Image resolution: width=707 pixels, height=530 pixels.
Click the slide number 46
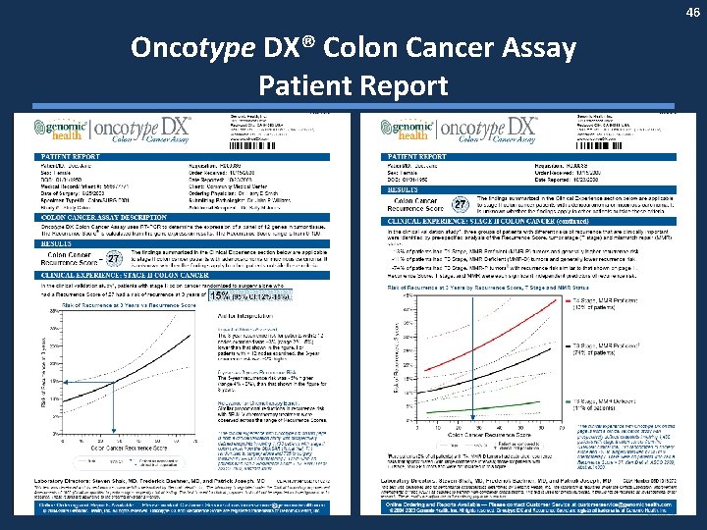(692, 13)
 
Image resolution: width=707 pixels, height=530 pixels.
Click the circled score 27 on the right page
(460, 203)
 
